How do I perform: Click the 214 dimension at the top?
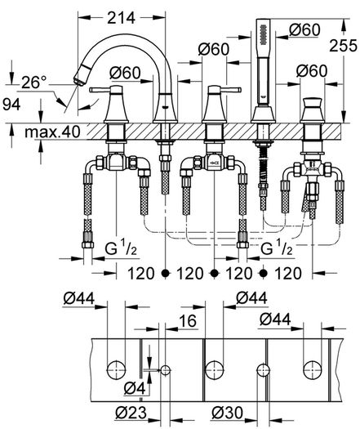(x=121, y=18)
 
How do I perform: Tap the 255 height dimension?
(x=343, y=46)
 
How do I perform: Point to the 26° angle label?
(x=34, y=82)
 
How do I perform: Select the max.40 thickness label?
(x=52, y=132)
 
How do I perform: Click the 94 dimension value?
(x=11, y=105)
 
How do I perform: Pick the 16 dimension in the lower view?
(x=188, y=320)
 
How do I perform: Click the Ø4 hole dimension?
(x=134, y=388)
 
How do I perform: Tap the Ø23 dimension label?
(x=131, y=413)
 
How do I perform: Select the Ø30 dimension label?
(x=227, y=413)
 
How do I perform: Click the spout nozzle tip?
(x=78, y=81)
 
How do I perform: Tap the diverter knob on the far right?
(x=313, y=103)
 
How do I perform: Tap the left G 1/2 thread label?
(x=121, y=249)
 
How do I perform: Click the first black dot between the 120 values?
(x=165, y=273)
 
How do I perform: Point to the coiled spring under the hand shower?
(x=263, y=164)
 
